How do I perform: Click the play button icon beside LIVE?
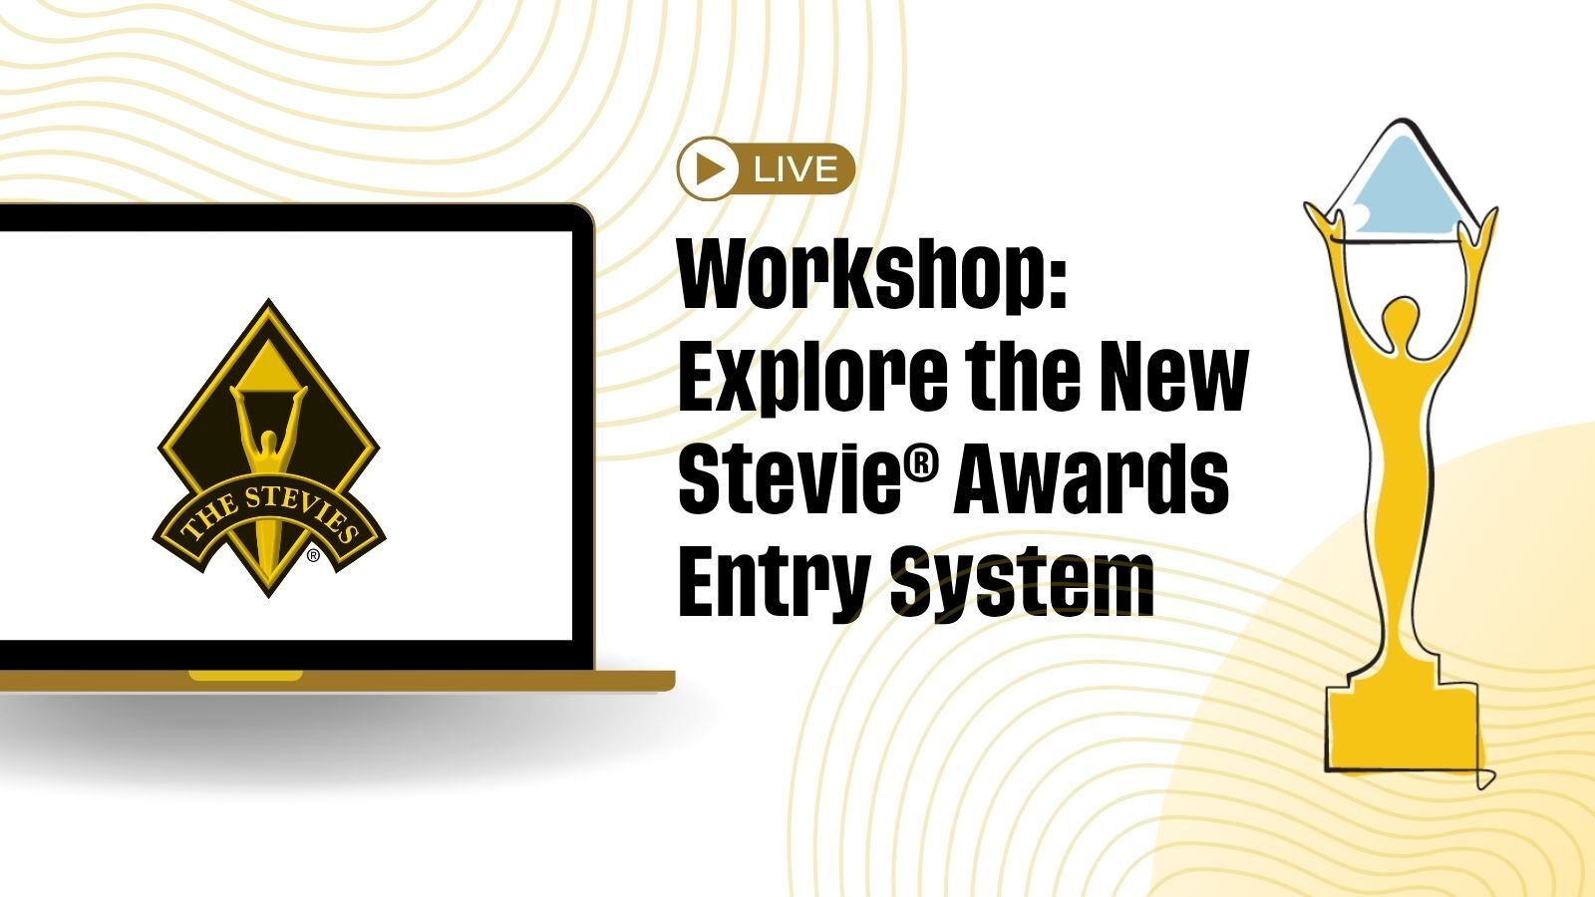[x=706, y=168]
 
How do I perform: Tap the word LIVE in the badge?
[x=796, y=169]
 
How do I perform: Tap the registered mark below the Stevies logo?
[x=313, y=556]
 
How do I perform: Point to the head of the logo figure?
[x=268, y=443]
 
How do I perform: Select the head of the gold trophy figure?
[x=1401, y=318]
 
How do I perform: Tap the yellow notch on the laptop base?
[x=245, y=676]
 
